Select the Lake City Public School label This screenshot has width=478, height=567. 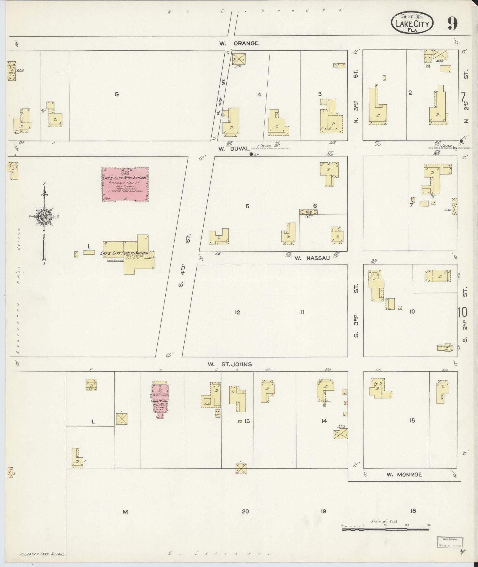124,253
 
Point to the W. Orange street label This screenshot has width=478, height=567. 239,43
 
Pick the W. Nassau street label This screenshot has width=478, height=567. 312,258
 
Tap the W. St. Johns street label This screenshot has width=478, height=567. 230,364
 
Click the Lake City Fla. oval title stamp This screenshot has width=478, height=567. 412,24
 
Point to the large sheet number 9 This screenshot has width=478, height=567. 452,24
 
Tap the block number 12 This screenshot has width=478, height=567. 237,312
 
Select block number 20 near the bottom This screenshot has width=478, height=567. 245,511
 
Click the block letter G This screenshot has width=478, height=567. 116,94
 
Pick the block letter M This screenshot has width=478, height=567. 125,512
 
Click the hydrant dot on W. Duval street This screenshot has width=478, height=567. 251,154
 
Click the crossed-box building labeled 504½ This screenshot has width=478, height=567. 340,434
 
